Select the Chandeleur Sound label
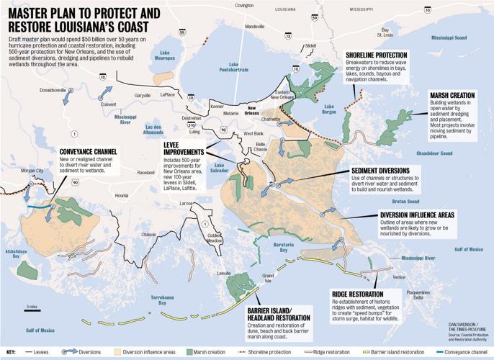tap(431, 153)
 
